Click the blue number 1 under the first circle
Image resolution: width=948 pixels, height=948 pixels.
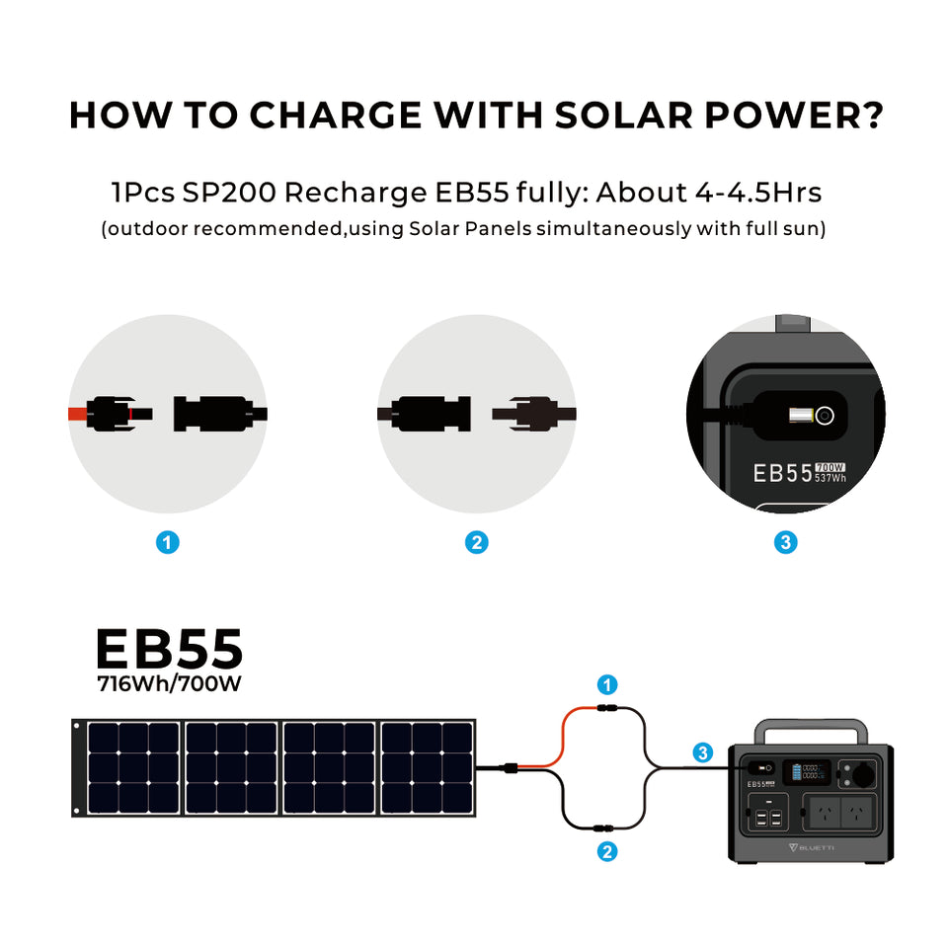pyautogui.click(x=168, y=542)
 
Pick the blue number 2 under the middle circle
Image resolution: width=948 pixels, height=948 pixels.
pyautogui.click(x=477, y=542)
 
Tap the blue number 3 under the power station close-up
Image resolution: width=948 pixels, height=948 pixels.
pyautogui.click(x=786, y=542)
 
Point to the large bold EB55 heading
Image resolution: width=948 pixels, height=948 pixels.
pyautogui.click(x=169, y=650)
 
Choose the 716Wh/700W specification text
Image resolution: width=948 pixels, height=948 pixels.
pyautogui.click(x=168, y=683)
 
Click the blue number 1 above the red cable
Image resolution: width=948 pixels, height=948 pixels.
pyautogui.click(x=608, y=684)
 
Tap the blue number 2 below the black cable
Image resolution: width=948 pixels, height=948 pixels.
pyautogui.click(x=608, y=852)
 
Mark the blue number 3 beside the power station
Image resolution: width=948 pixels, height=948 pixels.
pyautogui.click(x=702, y=752)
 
